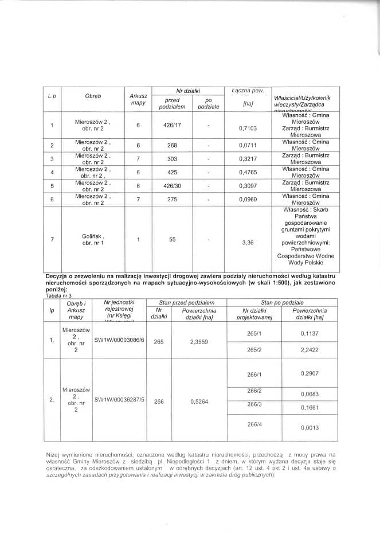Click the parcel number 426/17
pyautogui.click(x=173, y=124)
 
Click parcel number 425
pyautogui.click(x=173, y=172)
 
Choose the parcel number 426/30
pyautogui.click(x=173, y=186)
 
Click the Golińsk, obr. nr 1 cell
pyautogui.click(x=93, y=239)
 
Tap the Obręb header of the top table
pyautogui.click(x=93, y=96)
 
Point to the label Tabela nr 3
pyautogui.click(x=57, y=295)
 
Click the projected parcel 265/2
pyautogui.click(x=253, y=349)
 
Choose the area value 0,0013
pyautogui.click(x=310, y=427)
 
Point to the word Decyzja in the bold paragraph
pyautogui.click(x=60, y=276)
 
